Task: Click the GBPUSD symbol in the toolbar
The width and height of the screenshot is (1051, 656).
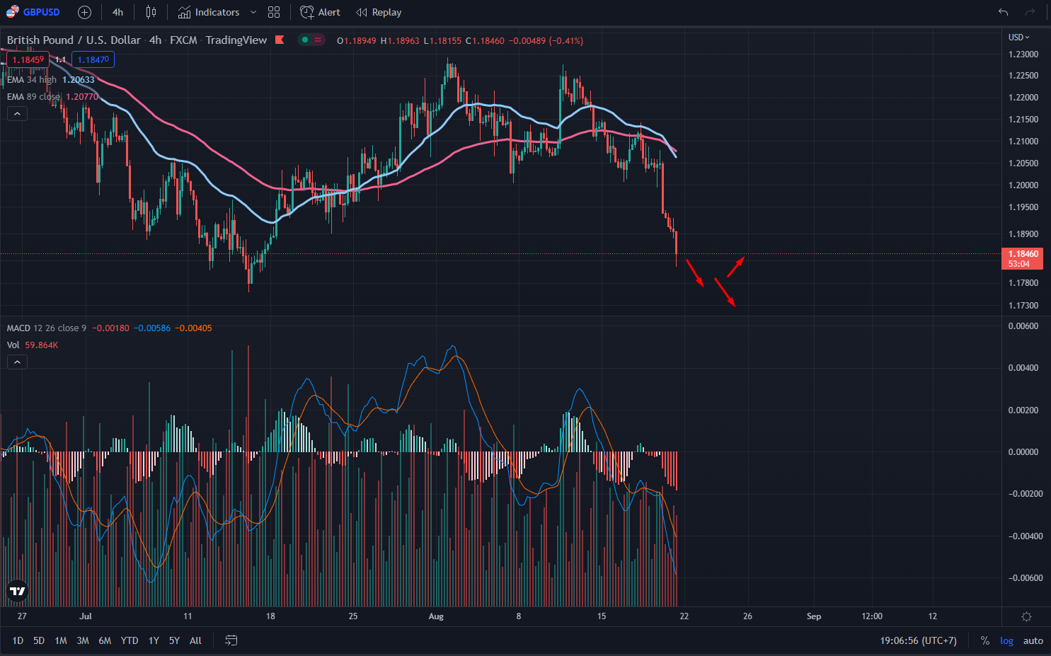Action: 40,12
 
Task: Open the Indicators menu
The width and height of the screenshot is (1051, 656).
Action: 217,12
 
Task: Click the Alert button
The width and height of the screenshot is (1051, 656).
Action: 328,12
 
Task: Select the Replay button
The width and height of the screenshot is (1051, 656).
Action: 386,12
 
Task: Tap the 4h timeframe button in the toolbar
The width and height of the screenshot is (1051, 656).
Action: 117,12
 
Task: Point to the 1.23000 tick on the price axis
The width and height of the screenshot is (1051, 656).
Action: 1023,54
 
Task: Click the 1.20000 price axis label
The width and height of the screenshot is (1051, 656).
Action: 1023,185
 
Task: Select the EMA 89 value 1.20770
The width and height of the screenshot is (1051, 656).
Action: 82,97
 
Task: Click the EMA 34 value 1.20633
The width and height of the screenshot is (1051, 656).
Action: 78,80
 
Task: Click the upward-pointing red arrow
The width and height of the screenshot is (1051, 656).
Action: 736,266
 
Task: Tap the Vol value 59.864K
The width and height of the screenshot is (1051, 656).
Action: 42,345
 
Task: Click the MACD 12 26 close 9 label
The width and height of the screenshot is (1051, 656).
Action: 47,328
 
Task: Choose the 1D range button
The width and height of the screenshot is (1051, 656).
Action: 18,640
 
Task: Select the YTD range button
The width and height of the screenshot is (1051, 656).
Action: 130,640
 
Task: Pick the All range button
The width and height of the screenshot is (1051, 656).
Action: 195,640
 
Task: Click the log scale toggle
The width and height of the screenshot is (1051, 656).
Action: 1006,640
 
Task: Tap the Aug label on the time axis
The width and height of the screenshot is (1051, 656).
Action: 436,616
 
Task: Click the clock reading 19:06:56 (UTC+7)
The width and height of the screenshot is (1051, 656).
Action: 918,640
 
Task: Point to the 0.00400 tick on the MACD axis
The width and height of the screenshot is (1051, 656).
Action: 1023,368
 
